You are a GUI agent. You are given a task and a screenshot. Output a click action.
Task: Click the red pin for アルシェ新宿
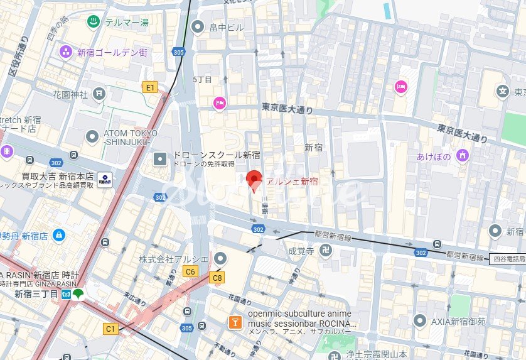[253, 180]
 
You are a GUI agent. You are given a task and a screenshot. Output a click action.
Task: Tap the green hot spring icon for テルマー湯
[93, 22]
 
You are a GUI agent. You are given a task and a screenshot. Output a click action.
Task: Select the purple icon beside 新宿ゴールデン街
[65, 52]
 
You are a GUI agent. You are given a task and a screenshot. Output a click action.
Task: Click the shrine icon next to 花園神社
[99, 94]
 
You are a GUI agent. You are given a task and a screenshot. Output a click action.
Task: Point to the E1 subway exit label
[150, 87]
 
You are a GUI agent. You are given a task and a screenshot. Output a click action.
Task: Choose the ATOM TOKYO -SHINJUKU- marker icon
[93, 135]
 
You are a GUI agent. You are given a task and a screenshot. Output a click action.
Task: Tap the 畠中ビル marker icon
[198, 26]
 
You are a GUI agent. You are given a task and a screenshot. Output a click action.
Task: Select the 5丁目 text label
[202, 79]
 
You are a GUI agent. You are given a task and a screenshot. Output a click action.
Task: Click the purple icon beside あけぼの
[463, 155]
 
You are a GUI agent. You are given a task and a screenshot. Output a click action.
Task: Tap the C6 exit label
[190, 271]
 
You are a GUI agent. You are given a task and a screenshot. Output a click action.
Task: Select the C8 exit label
[217, 277]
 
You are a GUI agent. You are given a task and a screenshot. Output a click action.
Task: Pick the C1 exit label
[111, 328]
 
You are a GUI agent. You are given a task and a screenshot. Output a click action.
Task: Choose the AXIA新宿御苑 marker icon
[421, 320]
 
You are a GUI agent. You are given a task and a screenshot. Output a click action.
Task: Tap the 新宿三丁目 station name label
[36, 294]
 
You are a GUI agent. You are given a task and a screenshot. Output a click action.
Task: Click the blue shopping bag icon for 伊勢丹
[58, 235]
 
